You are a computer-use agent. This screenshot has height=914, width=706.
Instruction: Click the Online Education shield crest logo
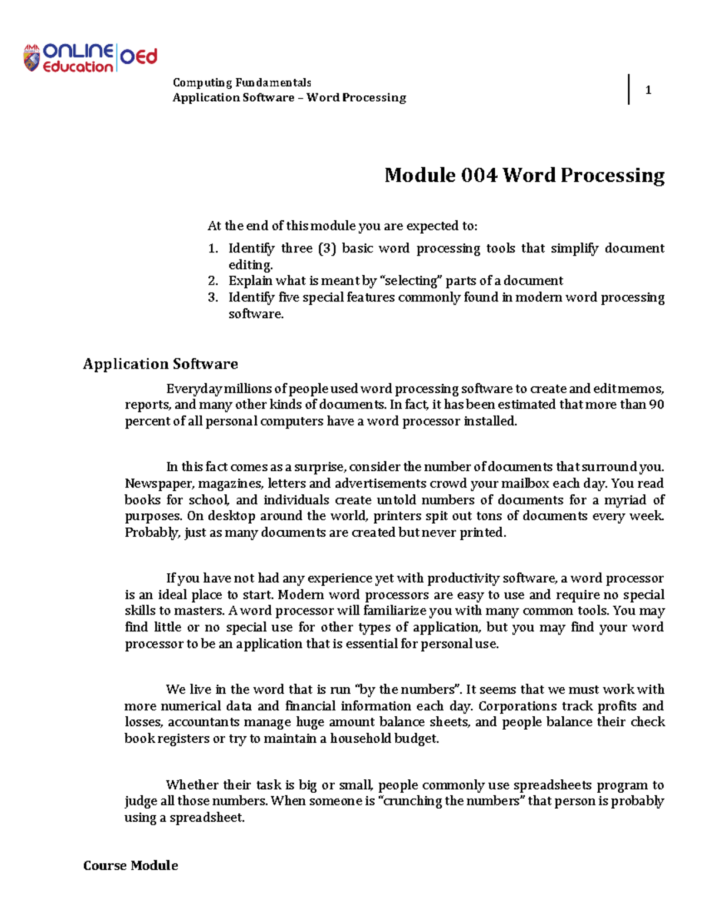(31, 58)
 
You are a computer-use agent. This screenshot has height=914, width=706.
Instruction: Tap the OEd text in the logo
(139, 57)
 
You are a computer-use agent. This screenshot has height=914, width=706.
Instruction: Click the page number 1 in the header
(648, 90)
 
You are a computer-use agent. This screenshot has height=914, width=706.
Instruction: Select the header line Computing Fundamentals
(241, 82)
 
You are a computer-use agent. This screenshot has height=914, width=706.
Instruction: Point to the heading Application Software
(160, 364)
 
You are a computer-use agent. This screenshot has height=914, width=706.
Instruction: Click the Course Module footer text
(130, 865)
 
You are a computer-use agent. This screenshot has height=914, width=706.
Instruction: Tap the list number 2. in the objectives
(212, 281)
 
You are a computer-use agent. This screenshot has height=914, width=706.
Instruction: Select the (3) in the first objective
(327, 248)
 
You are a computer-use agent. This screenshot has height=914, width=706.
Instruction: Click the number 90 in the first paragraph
(656, 405)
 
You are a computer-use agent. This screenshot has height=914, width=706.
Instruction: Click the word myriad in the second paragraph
(624, 500)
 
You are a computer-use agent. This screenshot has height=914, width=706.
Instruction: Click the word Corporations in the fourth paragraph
(517, 706)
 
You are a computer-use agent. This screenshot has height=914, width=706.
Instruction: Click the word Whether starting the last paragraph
(192, 785)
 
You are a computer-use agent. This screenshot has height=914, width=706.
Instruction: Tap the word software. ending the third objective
(256, 314)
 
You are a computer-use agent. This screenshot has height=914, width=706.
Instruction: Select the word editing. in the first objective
(251, 265)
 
